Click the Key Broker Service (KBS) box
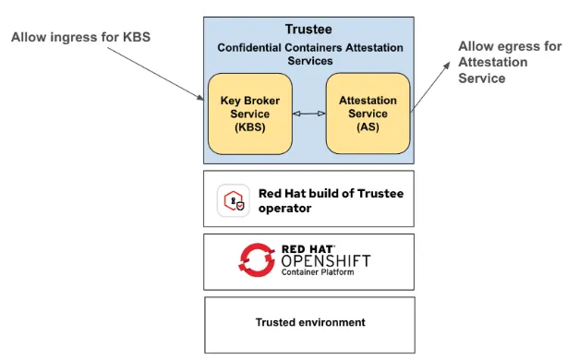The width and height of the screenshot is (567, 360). [249, 113]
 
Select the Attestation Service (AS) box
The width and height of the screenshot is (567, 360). [368, 113]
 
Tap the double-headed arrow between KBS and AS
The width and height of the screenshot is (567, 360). [308, 114]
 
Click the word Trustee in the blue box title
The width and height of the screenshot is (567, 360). [309, 30]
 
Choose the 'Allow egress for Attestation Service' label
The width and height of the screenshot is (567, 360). [508, 62]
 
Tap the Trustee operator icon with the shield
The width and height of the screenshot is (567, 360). [234, 200]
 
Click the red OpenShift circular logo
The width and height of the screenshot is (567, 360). [257, 260]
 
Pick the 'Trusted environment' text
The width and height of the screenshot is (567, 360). [309, 322]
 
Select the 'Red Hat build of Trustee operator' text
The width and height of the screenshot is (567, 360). [330, 200]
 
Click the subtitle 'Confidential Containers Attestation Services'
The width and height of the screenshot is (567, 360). [309, 54]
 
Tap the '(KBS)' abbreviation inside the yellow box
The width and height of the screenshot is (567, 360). [249, 126]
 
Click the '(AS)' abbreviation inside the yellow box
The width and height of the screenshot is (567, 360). [368, 126]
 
